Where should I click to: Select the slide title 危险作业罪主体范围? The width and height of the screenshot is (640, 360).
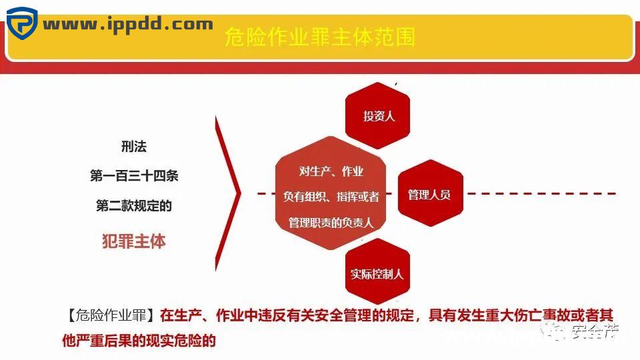[x=320, y=37]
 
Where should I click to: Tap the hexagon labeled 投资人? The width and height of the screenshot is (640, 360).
[x=379, y=116]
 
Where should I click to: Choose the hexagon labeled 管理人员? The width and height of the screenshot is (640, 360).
[x=429, y=195]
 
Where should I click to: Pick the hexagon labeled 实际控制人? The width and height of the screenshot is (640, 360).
[x=377, y=274]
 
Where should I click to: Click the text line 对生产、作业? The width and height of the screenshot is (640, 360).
[x=331, y=171]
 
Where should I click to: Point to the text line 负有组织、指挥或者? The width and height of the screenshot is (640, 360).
[x=331, y=197]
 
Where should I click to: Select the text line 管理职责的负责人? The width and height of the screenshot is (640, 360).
[x=331, y=223]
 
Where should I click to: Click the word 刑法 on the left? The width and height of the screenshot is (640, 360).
[x=134, y=147]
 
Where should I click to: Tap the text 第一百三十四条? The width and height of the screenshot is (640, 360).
[x=134, y=176]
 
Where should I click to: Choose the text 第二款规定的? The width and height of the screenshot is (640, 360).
[x=134, y=206]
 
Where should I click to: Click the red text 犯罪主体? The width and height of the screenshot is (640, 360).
[x=134, y=241]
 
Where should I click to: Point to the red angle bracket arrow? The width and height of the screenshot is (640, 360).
[x=230, y=194]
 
